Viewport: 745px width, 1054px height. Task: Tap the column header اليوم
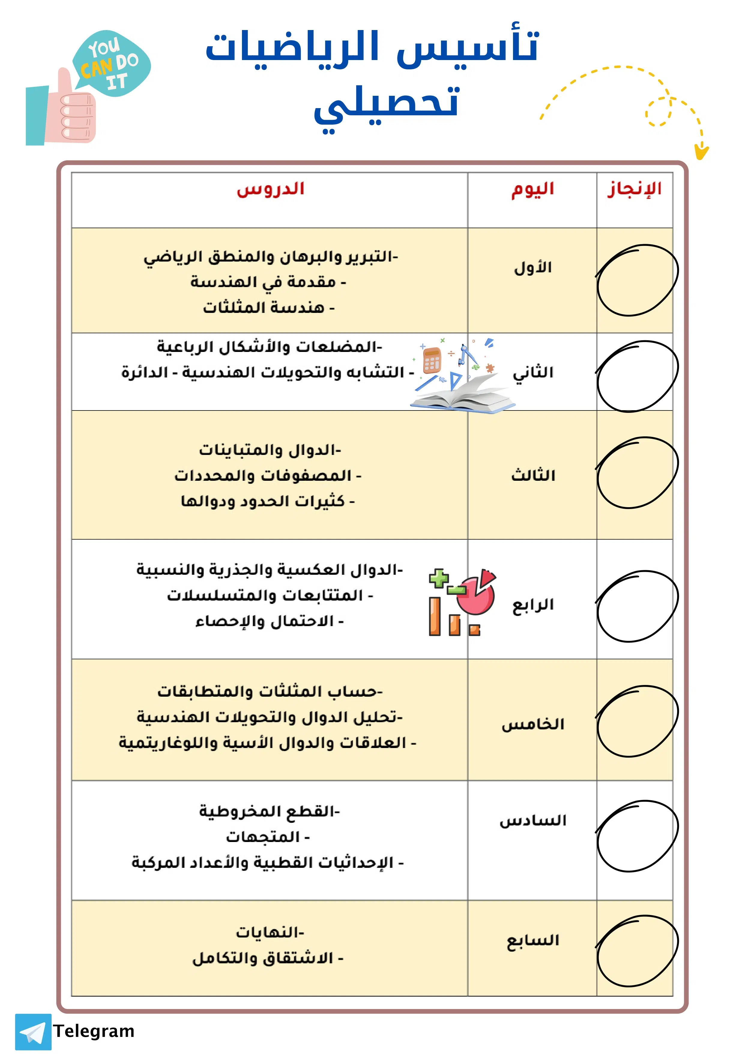pyautogui.click(x=532, y=189)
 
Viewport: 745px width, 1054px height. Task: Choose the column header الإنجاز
pyautogui.click(x=635, y=189)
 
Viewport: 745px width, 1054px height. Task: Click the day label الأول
pyautogui.click(x=532, y=268)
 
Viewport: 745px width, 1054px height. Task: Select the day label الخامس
pyautogui.click(x=532, y=724)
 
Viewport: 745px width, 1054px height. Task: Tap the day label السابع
pyautogui.click(x=532, y=940)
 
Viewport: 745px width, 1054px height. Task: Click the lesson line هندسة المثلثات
pyautogui.click(x=269, y=307)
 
